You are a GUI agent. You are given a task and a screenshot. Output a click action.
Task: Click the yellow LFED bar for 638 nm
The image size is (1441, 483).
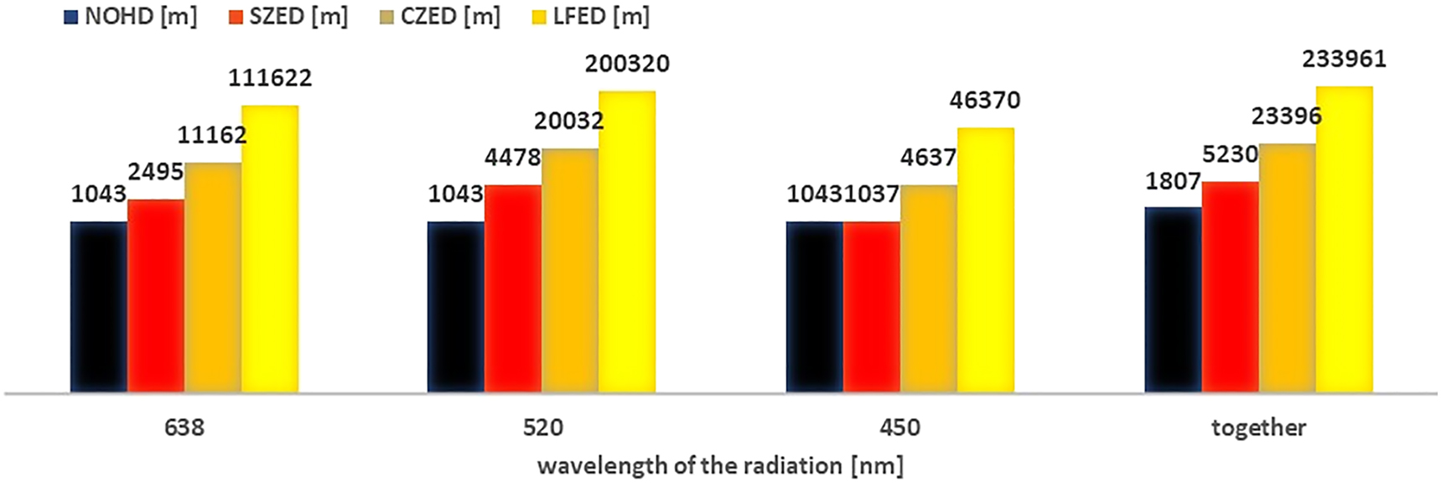pyautogui.click(x=270, y=249)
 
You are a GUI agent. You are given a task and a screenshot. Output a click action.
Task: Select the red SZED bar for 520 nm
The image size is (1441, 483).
pyautogui.click(x=513, y=288)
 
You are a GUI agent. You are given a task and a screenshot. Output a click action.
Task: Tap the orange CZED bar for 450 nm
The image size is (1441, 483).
pyautogui.click(x=929, y=288)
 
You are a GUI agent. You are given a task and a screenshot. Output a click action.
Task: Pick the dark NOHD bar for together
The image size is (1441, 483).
pyautogui.click(x=1173, y=299)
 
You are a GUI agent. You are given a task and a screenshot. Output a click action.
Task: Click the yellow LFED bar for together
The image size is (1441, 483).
pyautogui.click(x=1344, y=239)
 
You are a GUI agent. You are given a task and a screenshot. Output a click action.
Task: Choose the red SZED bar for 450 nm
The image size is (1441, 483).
pyautogui.click(x=872, y=307)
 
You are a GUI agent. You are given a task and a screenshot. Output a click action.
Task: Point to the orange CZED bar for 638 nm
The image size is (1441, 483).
pyautogui.click(x=213, y=278)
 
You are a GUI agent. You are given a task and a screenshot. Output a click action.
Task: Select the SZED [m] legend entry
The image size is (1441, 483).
pyautogui.click(x=289, y=16)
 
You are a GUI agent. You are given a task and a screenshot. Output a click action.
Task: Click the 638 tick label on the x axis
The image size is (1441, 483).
pyautogui.click(x=184, y=428)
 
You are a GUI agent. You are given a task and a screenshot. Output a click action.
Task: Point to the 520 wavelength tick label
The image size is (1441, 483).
pyautogui.click(x=542, y=428)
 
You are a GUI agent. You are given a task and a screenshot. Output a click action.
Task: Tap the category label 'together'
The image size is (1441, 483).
pyautogui.click(x=1258, y=428)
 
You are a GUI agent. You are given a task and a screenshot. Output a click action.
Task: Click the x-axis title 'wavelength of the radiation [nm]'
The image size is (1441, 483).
pyautogui.click(x=720, y=465)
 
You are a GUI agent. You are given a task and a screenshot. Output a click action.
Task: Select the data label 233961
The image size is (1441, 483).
pyautogui.click(x=1344, y=60)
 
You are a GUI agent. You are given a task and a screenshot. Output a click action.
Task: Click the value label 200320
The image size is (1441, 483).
pyautogui.click(x=627, y=64)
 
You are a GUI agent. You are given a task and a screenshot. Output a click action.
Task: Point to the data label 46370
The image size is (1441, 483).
pyautogui.click(x=985, y=101)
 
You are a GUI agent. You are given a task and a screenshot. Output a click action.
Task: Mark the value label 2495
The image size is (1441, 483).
pyautogui.click(x=155, y=172)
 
